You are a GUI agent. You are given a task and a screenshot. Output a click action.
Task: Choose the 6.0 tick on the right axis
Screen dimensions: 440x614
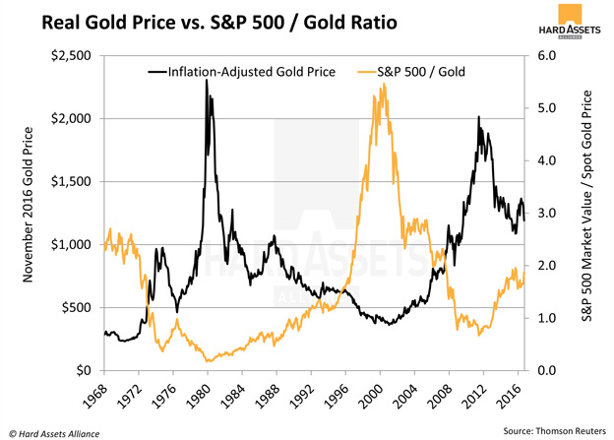tap(544, 56)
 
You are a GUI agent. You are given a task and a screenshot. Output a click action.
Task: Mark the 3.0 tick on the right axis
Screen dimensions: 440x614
tap(544, 214)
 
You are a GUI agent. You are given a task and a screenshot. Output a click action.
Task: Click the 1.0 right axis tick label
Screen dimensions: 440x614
tap(544, 318)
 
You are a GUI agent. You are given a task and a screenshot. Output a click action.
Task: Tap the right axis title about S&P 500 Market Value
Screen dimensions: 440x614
tap(588, 214)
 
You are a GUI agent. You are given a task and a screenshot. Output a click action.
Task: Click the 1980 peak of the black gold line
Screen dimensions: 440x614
tap(207, 81)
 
